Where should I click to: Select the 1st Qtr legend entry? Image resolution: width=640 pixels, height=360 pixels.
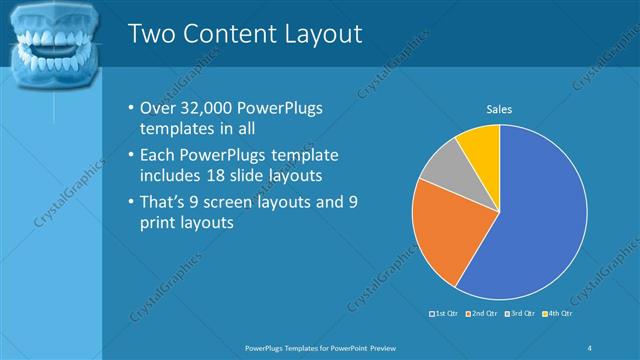444,314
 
